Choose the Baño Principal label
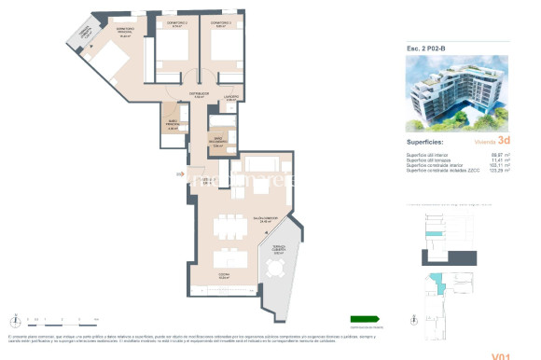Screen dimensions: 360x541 click(x=172, y=127)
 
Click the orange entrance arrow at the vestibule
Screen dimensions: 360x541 click(x=179, y=173)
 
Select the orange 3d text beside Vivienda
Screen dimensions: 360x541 click(x=503, y=142)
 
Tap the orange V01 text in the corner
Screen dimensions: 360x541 click(x=504, y=355)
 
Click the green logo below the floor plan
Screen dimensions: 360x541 click(x=366, y=318)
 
